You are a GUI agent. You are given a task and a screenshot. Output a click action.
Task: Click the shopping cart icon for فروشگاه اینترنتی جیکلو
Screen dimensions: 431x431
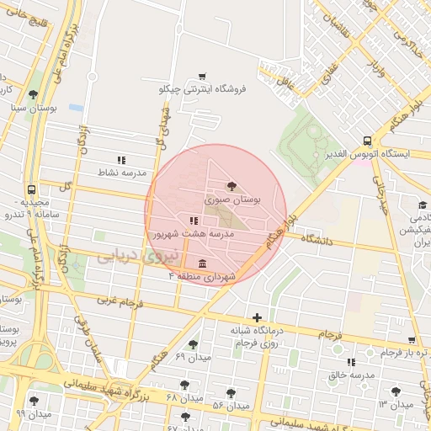(x=202, y=76)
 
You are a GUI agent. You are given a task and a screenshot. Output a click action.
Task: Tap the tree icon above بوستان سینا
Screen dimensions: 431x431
(x=33, y=94)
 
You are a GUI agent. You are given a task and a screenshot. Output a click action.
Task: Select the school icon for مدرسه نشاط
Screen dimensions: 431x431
(x=121, y=159)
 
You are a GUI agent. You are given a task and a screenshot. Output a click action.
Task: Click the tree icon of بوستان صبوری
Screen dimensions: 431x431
(x=231, y=186)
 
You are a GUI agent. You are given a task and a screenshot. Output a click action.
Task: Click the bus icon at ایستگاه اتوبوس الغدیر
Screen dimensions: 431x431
(x=366, y=141)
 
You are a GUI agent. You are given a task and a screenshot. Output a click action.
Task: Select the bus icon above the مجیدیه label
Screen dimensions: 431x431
(x=31, y=190)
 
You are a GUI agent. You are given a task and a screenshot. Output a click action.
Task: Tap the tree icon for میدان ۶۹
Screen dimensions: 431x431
(x=193, y=343)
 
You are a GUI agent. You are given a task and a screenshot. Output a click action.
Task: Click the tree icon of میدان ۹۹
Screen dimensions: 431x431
(x=34, y=401)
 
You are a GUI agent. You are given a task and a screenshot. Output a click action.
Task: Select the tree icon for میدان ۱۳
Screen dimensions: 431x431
(x=396, y=391)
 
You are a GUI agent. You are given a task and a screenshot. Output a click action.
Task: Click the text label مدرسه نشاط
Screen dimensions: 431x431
(x=123, y=173)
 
